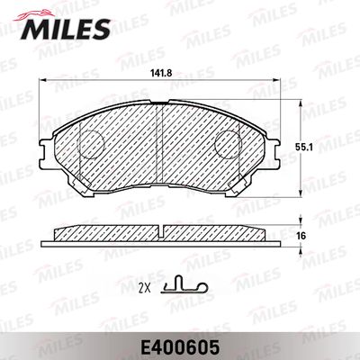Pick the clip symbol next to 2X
tap(186, 286)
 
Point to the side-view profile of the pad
tap(160, 233)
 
